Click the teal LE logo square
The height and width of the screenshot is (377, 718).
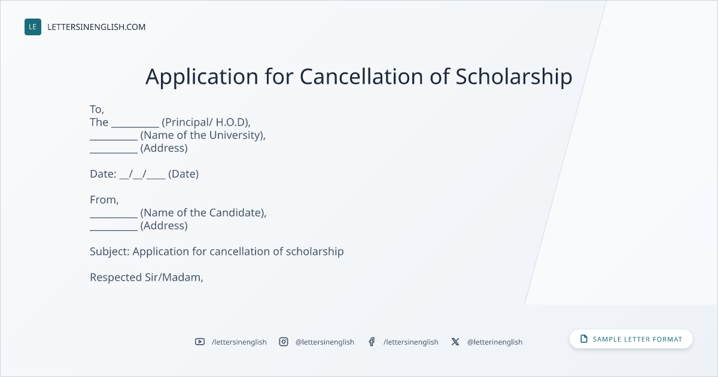[x=33, y=27]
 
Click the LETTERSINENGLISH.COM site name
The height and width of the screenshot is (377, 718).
[x=96, y=27]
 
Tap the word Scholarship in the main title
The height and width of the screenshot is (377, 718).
[x=514, y=78]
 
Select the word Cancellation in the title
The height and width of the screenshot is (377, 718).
[x=361, y=77]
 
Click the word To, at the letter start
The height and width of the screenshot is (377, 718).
[x=97, y=110]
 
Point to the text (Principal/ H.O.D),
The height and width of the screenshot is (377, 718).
[x=206, y=123]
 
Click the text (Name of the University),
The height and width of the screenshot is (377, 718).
[x=203, y=135]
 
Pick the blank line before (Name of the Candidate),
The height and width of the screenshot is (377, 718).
[x=114, y=217]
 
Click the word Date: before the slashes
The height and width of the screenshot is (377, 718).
[x=103, y=174]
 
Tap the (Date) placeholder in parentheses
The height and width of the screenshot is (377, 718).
[x=183, y=174]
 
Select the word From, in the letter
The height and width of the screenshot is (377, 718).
[x=104, y=200]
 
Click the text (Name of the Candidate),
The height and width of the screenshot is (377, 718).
[x=203, y=213]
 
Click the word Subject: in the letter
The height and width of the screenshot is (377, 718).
[x=109, y=252]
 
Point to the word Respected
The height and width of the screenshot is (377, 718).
[x=116, y=278]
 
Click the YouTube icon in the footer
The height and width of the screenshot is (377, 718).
[x=200, y=342]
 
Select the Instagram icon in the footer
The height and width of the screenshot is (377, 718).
[x=284, y=342]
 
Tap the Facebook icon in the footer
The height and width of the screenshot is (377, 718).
[x=372, y=342]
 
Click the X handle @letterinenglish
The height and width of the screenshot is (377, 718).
[x=495, y=342]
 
